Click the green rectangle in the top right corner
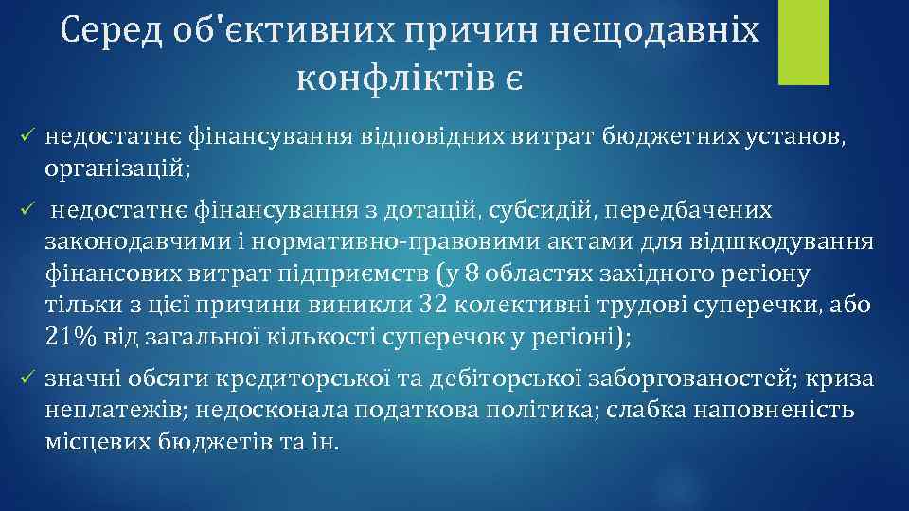pos(803,42)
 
